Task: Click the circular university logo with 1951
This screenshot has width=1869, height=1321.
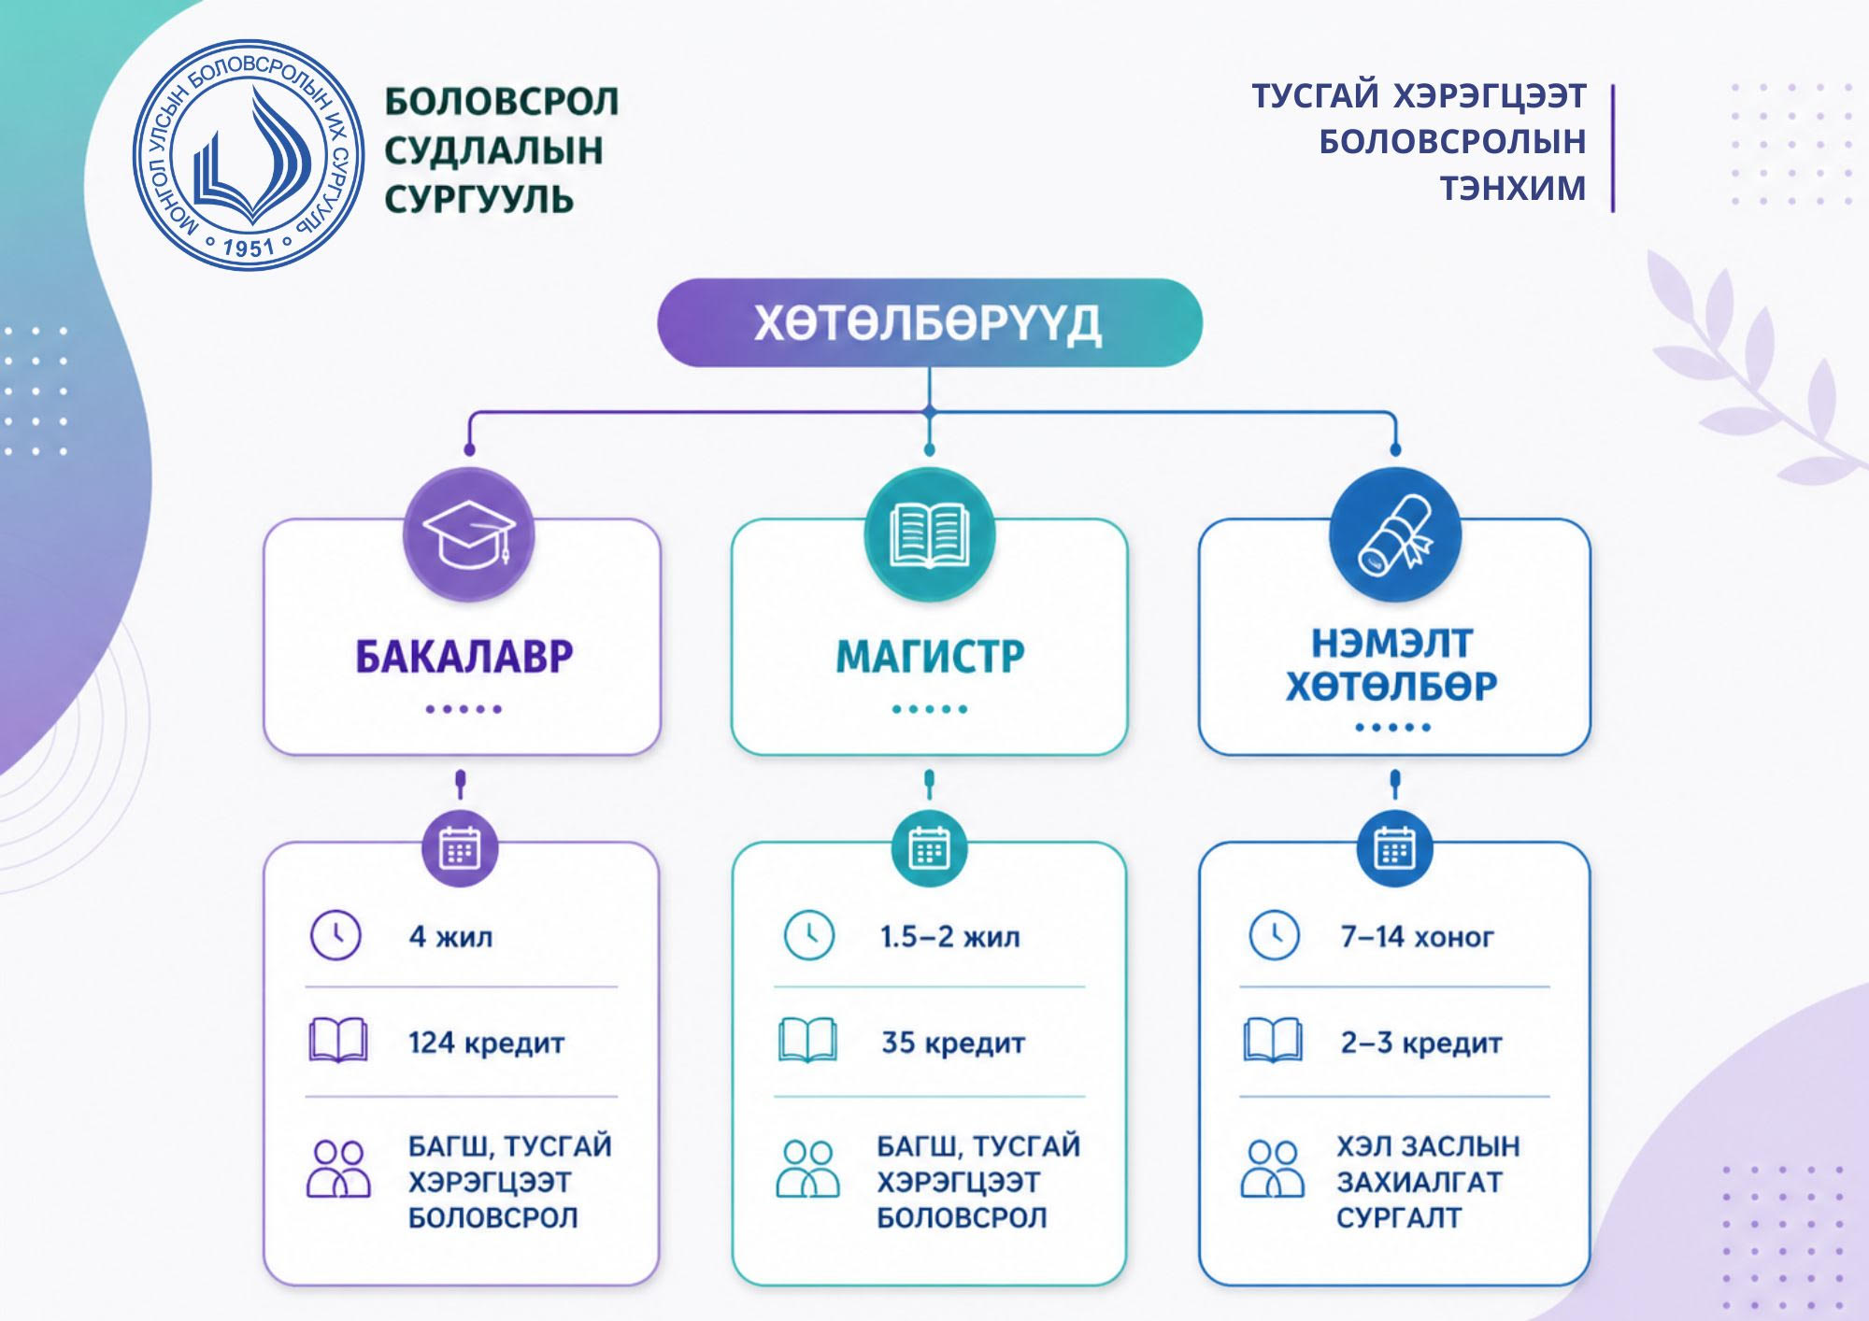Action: click(249, 155)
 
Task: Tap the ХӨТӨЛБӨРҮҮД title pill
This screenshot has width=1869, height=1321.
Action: click(929, 322)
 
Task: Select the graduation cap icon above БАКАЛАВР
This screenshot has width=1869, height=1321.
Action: click(468, 534)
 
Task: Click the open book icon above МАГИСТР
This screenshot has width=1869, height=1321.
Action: click(929, 534)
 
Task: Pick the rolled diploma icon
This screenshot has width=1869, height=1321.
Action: click(1394, 534)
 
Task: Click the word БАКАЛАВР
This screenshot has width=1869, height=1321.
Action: click(464, 657)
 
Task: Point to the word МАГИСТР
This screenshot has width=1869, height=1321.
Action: click(930, 657)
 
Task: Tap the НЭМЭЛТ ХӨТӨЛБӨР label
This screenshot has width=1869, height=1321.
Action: click(1391, 665)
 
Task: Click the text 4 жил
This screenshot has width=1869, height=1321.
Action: click(450, 936)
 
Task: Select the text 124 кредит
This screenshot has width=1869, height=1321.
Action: click(486, 1043)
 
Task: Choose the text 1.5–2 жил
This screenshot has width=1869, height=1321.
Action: click(949, 936)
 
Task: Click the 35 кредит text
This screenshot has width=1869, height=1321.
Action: click(953, 1043)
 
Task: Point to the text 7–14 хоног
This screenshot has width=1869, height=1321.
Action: click(1417, 936)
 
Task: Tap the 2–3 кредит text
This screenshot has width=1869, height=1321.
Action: click(1421, 1043)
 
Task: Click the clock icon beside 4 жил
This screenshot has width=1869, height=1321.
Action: click(335, 935)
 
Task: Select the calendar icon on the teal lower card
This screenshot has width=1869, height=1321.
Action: click(929, 849)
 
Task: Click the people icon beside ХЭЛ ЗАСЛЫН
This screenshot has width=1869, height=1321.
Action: click(1272, 1169)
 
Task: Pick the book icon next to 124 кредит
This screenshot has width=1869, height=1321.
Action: click(337, 1041)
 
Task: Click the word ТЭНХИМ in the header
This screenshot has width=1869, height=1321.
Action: click(1512, 188)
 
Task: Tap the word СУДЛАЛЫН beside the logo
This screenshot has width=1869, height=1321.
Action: click(493, 150)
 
